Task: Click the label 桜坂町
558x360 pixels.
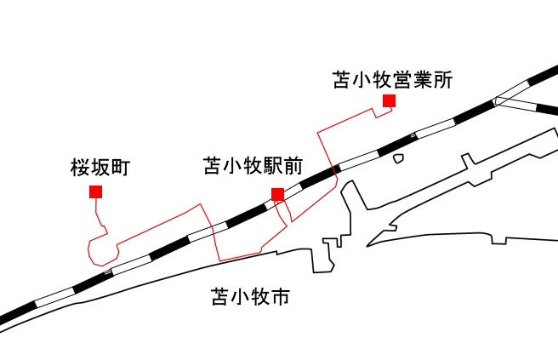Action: click(x=100, y=168)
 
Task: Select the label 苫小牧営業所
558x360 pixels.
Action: click(x=392, y=81)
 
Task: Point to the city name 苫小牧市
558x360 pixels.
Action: click(x=251, y=298)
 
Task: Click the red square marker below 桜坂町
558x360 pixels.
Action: click(x=96, y=191)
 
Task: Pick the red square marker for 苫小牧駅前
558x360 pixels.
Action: click(x=277, y=194)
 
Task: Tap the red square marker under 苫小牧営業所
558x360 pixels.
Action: click(x=390, y=101)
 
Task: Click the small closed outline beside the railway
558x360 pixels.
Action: click(x=398, y=157)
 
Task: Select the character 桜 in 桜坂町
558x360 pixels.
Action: click(x=80, y=168)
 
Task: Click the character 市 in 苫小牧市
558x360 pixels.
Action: click(x=281, y=298)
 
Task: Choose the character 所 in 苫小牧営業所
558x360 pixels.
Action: click(x=441, y=81)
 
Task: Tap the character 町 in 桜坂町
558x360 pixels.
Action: click(x=119, y=168)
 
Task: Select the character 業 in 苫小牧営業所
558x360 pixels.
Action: click(x=421, y=81)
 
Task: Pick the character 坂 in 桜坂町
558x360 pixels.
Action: click(x=100, y=168)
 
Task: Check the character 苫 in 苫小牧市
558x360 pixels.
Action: click(x=220, y=298)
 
